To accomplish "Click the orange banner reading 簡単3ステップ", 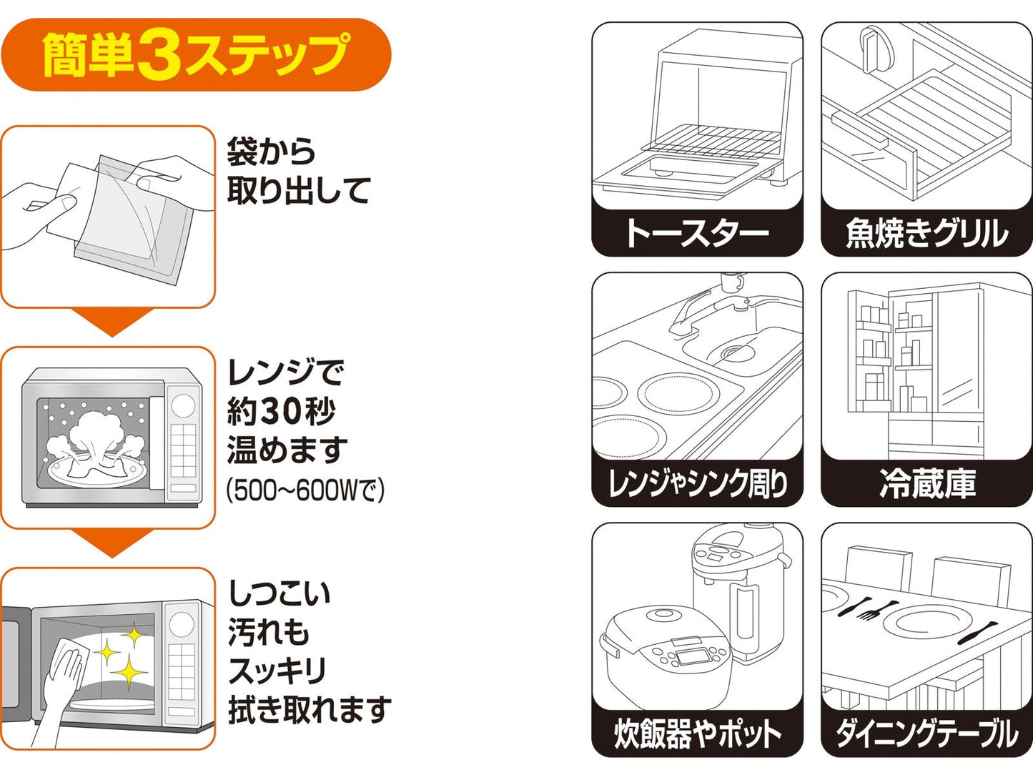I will [196, 55].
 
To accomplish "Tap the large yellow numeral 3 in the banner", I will [160, 56].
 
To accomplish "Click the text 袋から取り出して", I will [298, 172].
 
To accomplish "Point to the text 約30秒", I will [281, 411].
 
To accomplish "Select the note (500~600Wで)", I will [305, 490].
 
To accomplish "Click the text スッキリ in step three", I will [277, 671].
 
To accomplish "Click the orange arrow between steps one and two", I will [112, 322].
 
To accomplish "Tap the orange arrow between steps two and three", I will [112, 543].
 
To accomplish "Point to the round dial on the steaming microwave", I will [183, 405].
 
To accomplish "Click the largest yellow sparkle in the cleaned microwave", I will [129, 672].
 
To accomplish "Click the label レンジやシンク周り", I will [697, 484].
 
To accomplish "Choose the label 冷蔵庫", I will [926, 484].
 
